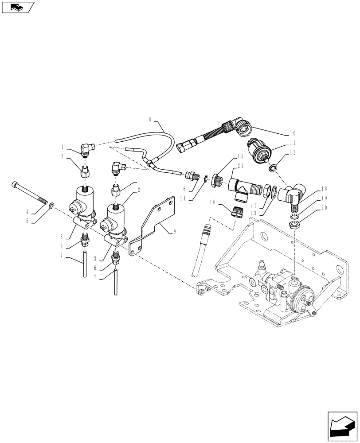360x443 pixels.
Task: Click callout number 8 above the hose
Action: point(150,119)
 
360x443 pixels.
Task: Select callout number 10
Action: point(293,133)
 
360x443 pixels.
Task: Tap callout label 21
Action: point(241,166)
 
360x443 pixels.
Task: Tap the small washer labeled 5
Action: point(52,206)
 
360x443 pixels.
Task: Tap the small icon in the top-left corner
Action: point(17,7)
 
